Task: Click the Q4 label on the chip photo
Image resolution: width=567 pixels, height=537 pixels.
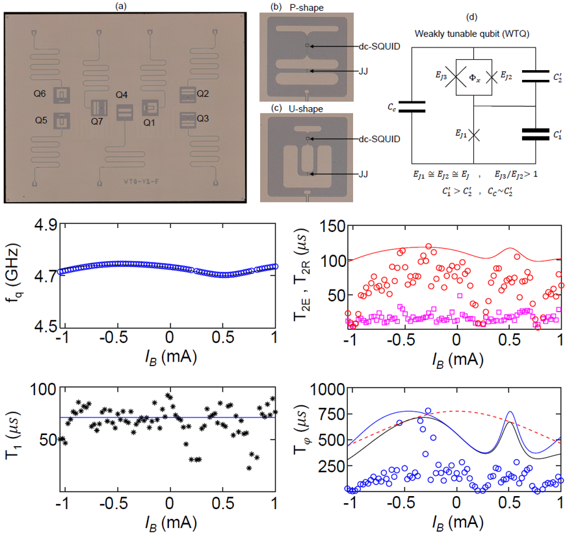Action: [122, 95]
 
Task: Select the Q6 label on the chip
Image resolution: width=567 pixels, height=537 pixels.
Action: [40, 94]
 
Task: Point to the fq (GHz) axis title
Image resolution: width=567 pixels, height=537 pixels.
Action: [14, 277]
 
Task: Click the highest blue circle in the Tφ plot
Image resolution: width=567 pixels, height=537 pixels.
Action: [428, 411]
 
